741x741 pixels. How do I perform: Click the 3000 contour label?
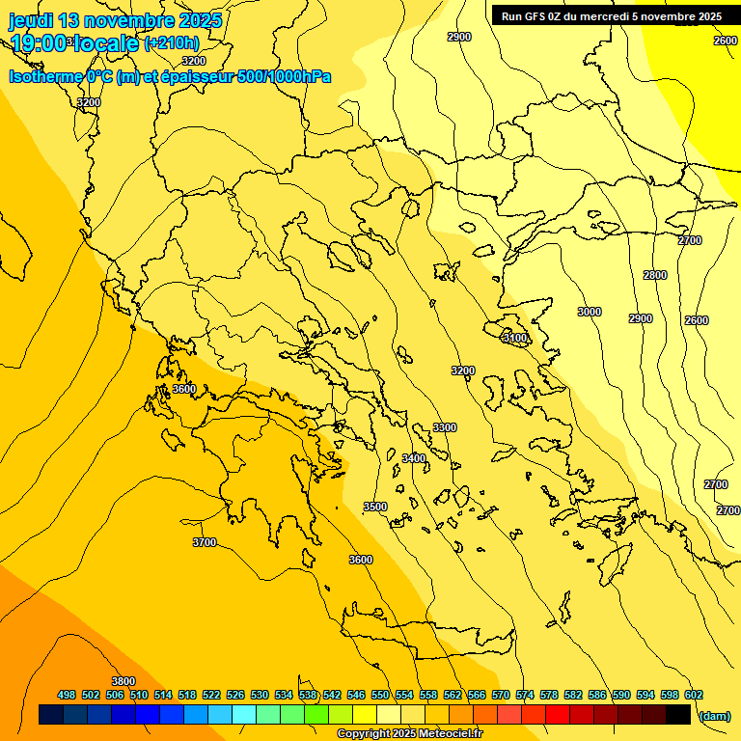coord(589,312)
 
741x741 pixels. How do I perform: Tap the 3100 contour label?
coord(515,338)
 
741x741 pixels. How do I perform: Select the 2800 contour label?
coord(654,275)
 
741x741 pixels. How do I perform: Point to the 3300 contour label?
coord(445,427)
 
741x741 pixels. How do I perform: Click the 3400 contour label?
coord(413,458)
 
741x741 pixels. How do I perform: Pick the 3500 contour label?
coord(374,507)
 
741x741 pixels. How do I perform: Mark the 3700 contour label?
coord(205,542)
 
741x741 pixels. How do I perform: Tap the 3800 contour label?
coord(123,681)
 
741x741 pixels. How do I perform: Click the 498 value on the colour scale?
coord(67,695)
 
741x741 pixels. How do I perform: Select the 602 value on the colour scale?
coord(694,695)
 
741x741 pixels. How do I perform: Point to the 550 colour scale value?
coord(380,695)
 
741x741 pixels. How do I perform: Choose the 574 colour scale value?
coord(525,695)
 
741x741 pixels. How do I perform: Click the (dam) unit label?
coord(714,715)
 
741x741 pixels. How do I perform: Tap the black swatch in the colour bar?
coord(678,715)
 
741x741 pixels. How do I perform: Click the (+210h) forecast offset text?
coord(171,42)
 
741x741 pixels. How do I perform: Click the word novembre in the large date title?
coord(128,20)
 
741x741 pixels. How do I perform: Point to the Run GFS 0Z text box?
coord(612,15)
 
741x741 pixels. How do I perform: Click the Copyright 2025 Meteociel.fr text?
coord(409,733)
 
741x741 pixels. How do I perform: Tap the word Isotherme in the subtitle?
coord(45,76)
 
